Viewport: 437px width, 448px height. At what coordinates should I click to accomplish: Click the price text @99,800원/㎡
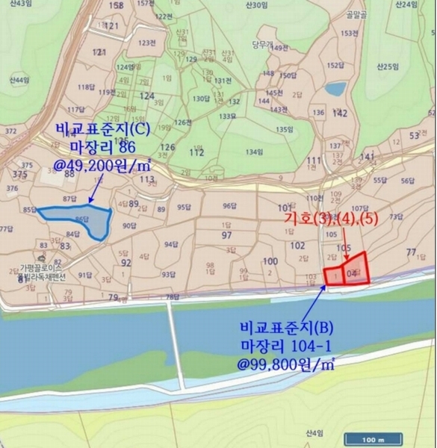[x=286, y=364]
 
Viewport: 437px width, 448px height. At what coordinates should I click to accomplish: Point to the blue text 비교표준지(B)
[x=287, y=326]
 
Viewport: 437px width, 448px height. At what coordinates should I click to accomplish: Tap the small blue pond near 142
[x=335, y=89]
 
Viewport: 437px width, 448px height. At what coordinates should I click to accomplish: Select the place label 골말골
[x=350, y=15]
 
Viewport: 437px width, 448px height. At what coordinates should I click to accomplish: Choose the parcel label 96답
[x=229, y=207]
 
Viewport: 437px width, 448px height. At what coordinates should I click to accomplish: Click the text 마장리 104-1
[x=286, y=346]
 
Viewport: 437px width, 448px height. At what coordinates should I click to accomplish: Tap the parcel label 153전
[x=347, y=34]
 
